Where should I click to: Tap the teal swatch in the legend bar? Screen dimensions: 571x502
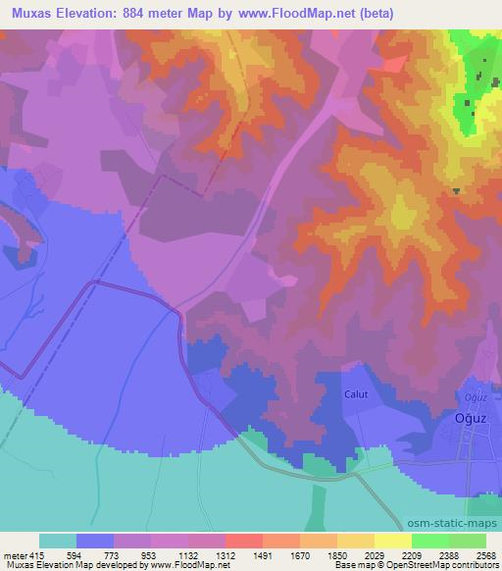pyautogui.click(x=58, y=542)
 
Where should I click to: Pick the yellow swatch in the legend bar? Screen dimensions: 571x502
pyautogui.click(x=392, y=542)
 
